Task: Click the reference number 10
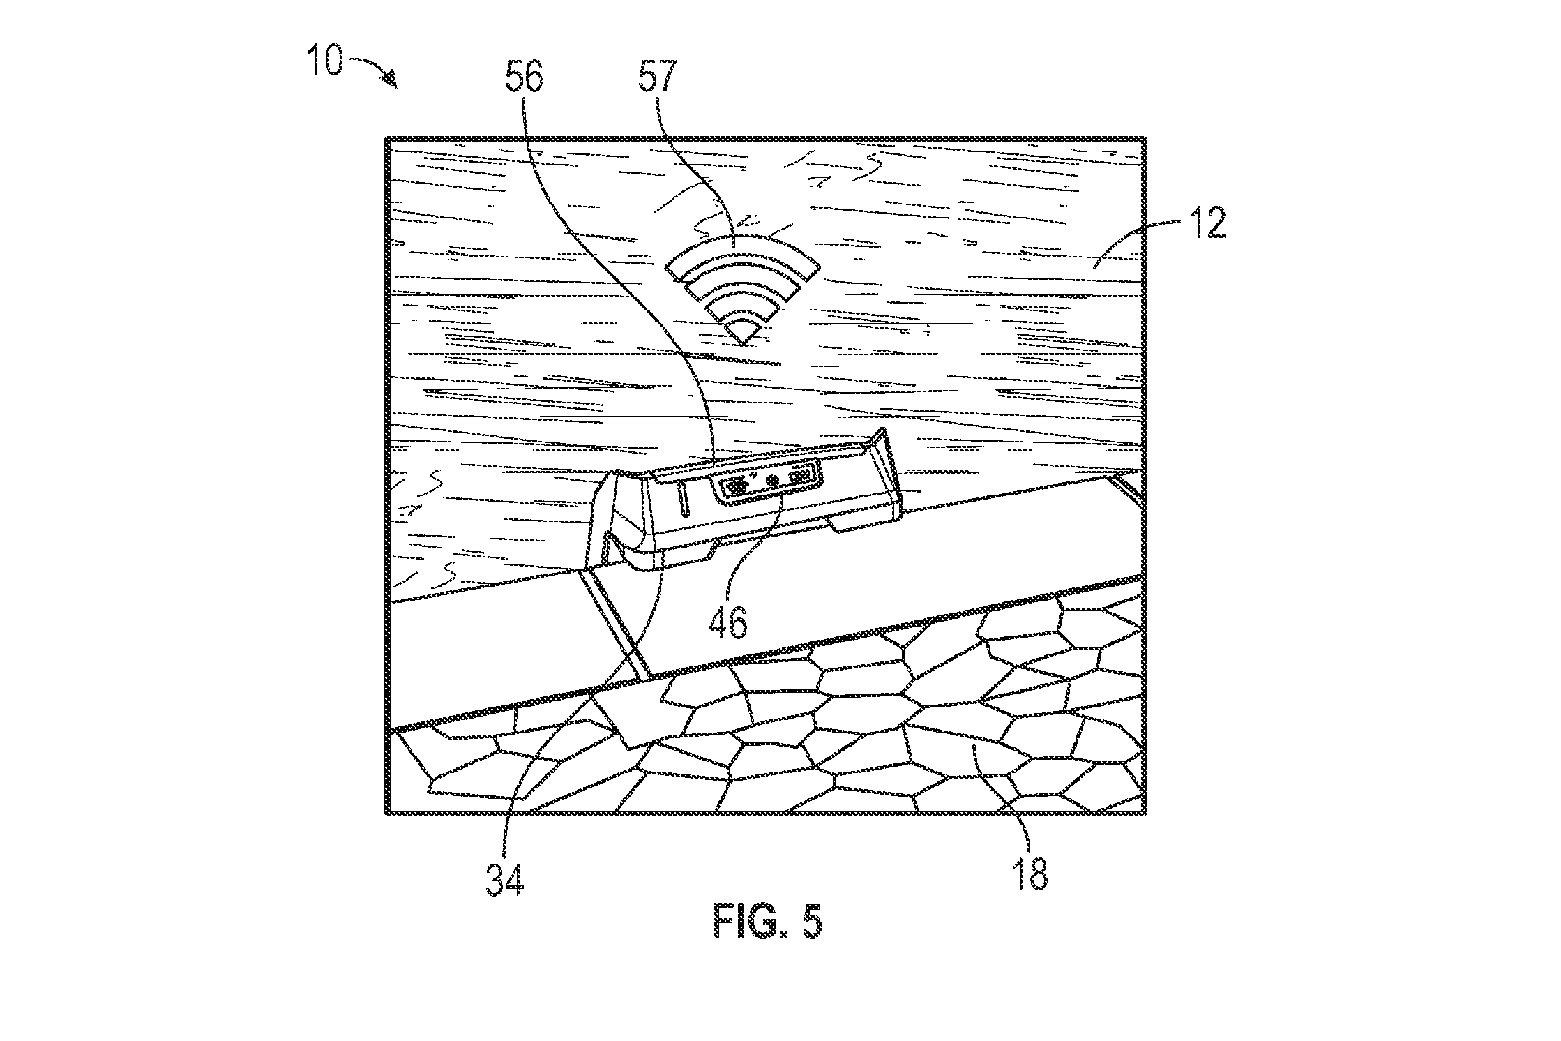pos(324,61)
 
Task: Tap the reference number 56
pos(524,76)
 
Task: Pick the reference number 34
pos(504,879)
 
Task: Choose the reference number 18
pos(1030,874)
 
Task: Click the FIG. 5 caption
pos(767,922)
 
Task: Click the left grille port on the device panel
pos(734,487)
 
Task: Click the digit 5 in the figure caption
pos(811,922)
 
